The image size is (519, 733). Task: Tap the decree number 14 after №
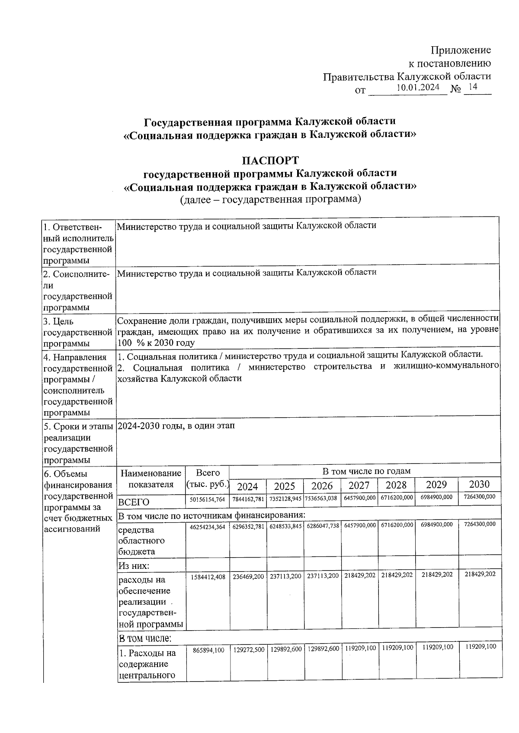pyautogui.click(x=473, y=87)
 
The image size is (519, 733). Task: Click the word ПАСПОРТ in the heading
pyautogui.click(x=270, y=160)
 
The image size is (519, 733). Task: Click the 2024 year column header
pyautogui.click(x=247, y=486)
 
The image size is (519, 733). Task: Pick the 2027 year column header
pyautogui.click(x=359, y=485)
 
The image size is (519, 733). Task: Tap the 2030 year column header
pyautogui.click(x=479, y=485)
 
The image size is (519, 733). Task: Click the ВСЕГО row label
pyautogui.click(x=134, y=502)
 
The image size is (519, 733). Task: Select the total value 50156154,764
pyautogui.click(x=208, y=499)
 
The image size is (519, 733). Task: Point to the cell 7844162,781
pyautogui.click(x=248, y=499)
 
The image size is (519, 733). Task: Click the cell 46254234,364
pyautogui.click(x=208, y=527)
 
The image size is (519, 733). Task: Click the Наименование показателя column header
pyautogui.click(x=151, y=479)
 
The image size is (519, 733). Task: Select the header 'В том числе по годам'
pyautogui.click(x=366, y=471)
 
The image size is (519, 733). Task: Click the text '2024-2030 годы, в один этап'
pyautogui.click(x=176, y=426)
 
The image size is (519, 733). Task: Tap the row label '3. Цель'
pyautogui.click(x=59, y=321)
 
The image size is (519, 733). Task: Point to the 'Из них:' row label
pyautogui.click(x=134, y=565)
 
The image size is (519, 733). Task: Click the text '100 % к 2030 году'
pyautogui.click(x=156, y=343)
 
